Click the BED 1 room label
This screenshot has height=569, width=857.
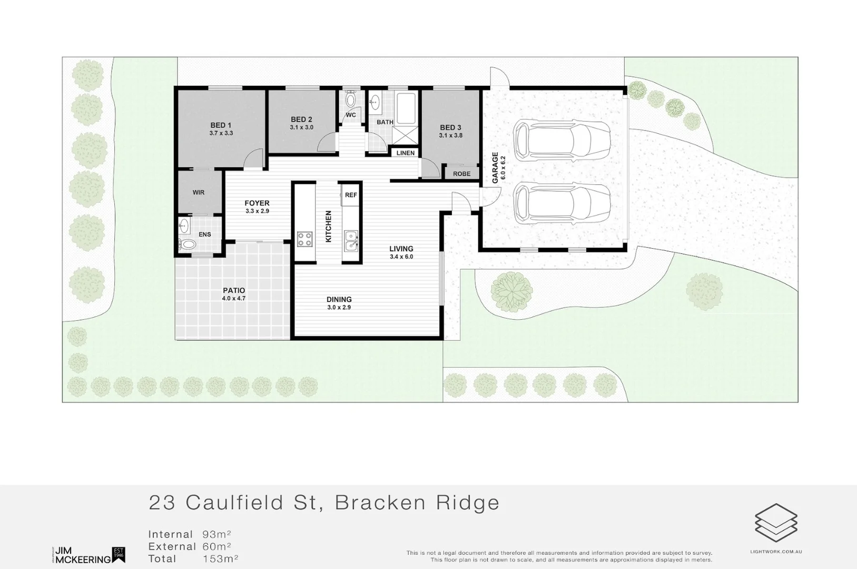221,125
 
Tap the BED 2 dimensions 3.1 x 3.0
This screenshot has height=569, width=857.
301,127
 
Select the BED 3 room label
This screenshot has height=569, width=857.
450,127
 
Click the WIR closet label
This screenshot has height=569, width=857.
199,193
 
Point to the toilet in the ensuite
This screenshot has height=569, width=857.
188,244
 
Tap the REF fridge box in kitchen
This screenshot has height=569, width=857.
351,195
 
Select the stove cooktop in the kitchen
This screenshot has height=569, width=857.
304,239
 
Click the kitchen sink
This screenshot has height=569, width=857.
351,240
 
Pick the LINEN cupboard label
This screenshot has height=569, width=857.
406,153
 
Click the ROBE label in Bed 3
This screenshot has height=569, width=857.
462,174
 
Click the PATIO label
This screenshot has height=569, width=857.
234,290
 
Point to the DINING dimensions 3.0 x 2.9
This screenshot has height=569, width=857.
339,307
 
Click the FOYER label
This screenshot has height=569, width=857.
257,203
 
